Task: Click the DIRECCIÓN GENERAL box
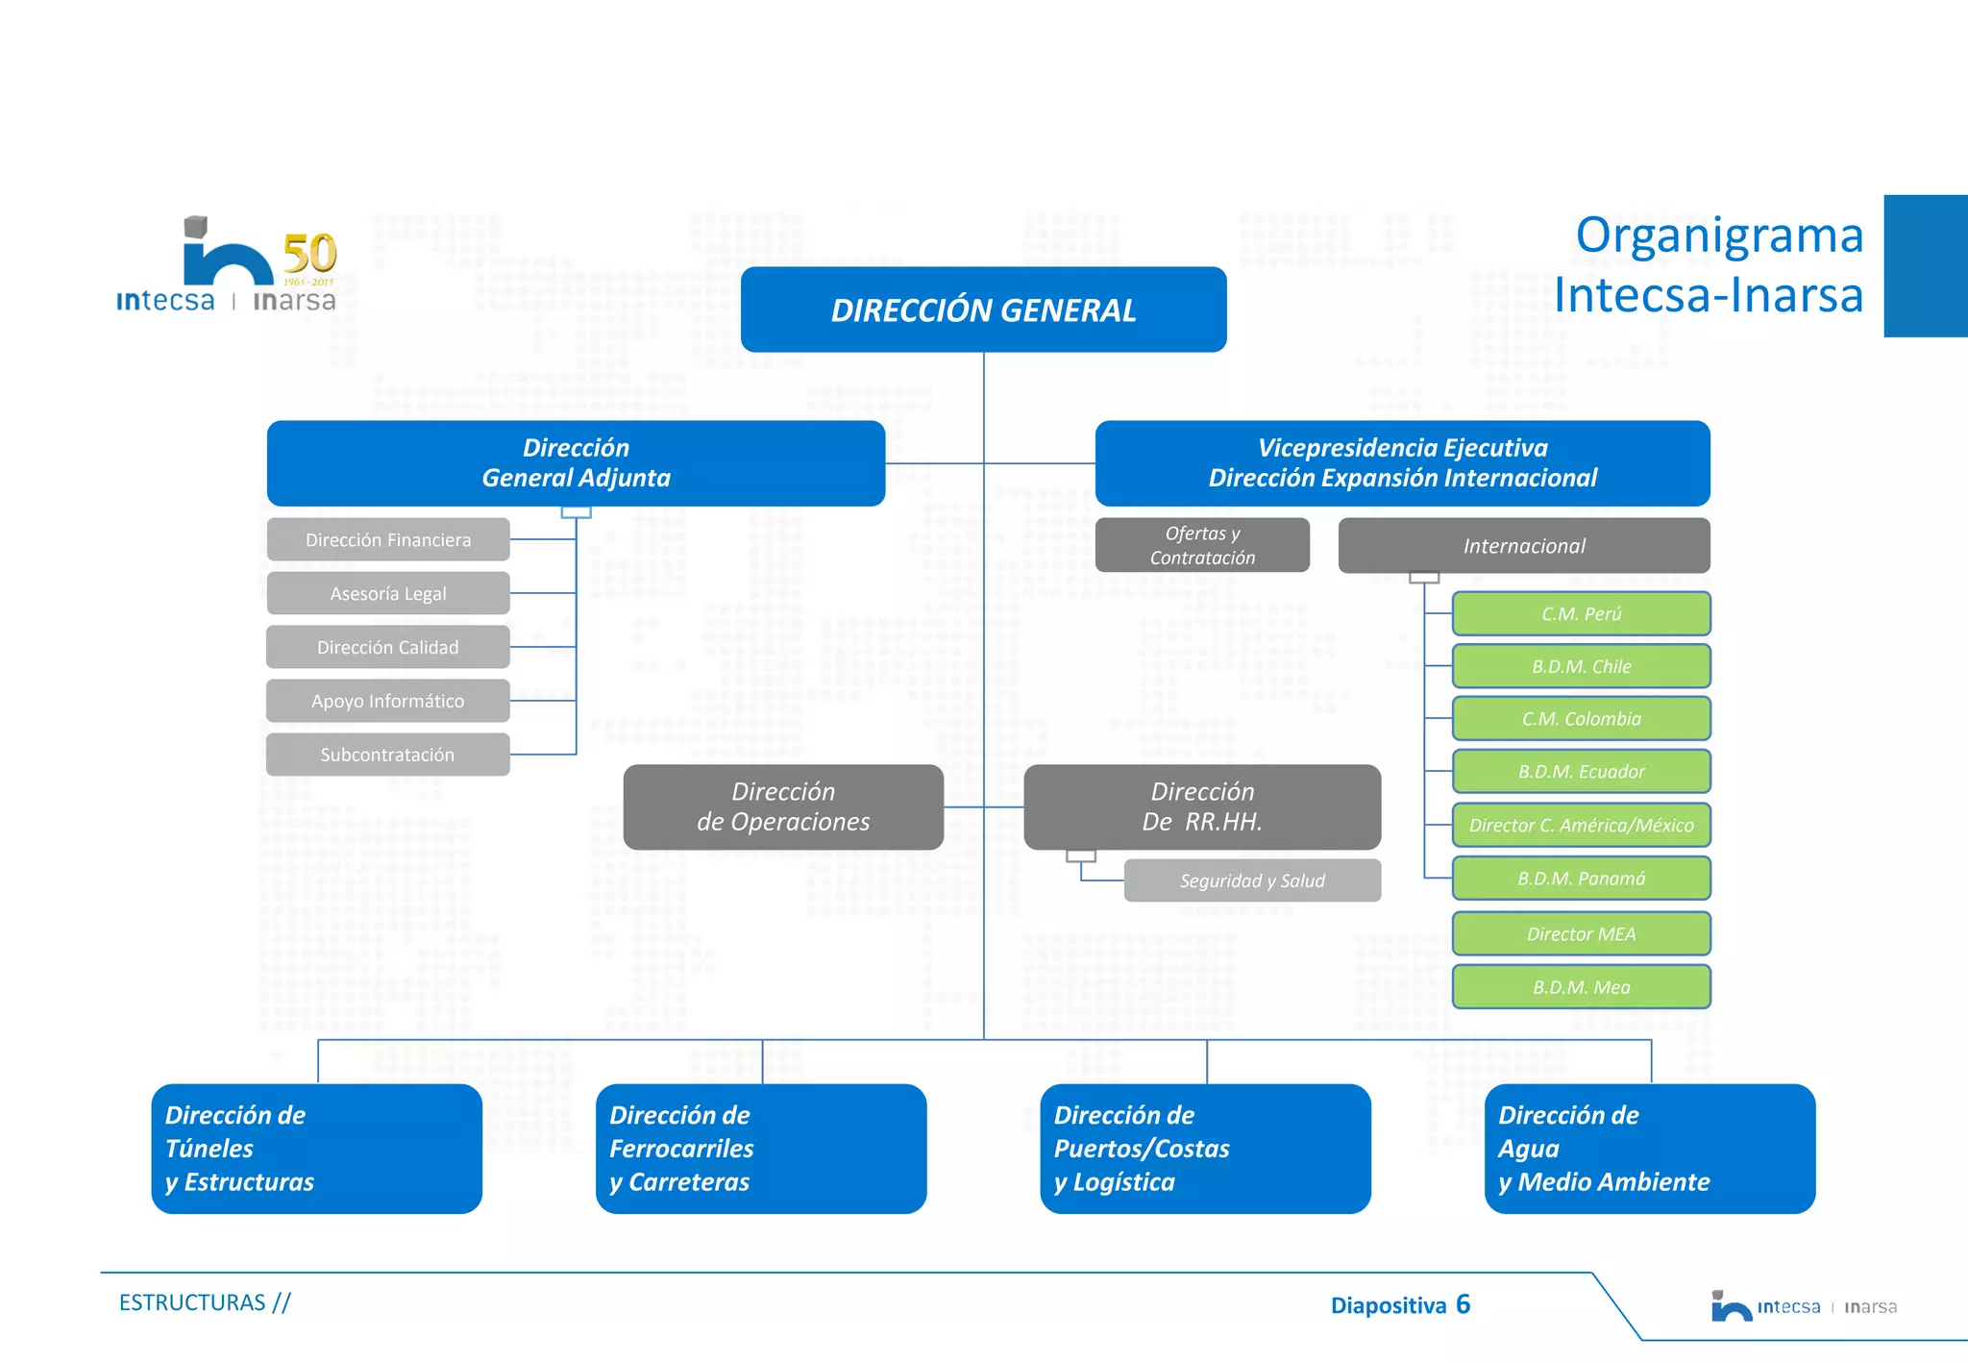coord(983,310)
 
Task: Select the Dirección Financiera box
coord(388,540)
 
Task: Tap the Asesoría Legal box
coord(388,594)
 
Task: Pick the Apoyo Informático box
coord(388,702)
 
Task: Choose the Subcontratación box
coord(388,756)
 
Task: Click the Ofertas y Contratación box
coord(1202,545)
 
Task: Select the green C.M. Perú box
coord(1581,614)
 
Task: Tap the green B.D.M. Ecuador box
coord(1581,772)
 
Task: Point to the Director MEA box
coord(1581,934)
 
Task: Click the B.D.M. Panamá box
coord(1581,879)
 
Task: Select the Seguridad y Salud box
coord(1252,880)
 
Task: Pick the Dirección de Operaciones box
coord(783,807)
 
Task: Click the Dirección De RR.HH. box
coord(1202,807)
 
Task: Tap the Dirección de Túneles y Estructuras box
coord(317,1149)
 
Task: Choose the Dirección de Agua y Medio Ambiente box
coord(1650,1149)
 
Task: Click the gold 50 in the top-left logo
coord(309,254)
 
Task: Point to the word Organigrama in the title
coord(1719,235)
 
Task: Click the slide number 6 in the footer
coord(1463,1304)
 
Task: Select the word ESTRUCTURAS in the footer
coord(192,1302)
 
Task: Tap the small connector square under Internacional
coord(1424,578)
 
